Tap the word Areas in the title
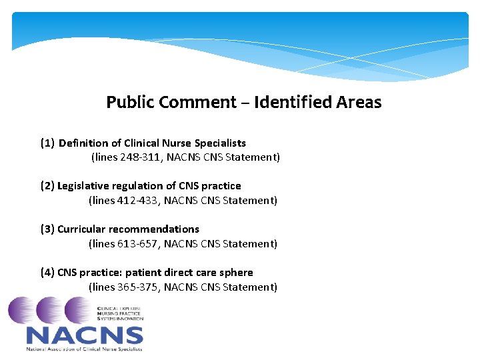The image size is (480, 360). tap(359, 103)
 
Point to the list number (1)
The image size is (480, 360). tap(47, 143)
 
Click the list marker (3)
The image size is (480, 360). tap(47, 229)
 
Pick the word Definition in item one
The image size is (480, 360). tap(84, 143)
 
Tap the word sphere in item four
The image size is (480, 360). tap(236, 273)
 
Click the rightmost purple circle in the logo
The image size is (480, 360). tap(79, 311)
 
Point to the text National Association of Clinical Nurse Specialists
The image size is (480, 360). tap(84, 348)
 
